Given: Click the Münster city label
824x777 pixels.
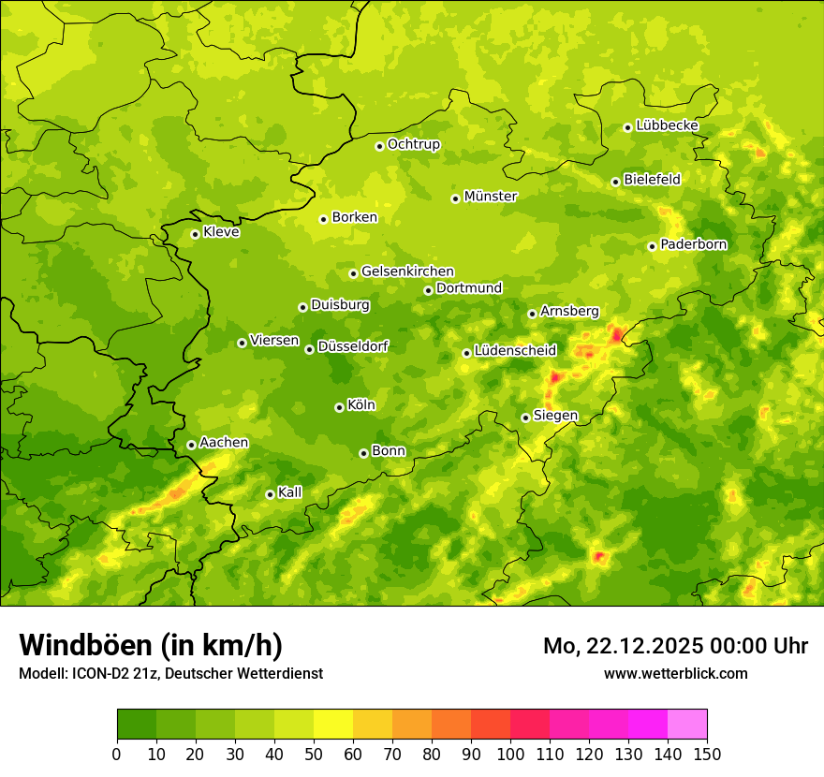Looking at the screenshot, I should [x=491, y=197].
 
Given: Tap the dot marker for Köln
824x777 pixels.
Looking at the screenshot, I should [x=339, y=407].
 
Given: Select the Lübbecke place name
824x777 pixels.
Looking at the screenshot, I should [x=667, y=125].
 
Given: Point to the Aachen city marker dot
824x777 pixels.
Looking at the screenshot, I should [x=191, y=445].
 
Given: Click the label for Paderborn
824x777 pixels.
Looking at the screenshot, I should [x=693, y=244].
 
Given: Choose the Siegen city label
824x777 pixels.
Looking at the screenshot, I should [x=555, y=416].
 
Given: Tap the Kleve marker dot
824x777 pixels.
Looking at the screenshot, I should [x=195, y=234].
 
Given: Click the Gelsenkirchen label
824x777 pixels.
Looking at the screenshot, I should [x=407, y=271].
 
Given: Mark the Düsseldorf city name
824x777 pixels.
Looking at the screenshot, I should [x=353, y=346].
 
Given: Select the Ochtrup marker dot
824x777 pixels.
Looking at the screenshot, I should [x=379, y=146].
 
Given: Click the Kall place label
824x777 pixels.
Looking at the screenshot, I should [x=289, y=492].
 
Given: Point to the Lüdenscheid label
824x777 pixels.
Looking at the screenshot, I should [x=515, y=351].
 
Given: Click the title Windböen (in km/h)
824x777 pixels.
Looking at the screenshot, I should [x=151, y=645].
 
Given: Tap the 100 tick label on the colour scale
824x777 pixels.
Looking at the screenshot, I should [x=510, y=754].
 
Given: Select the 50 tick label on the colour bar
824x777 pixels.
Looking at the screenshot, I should [x=314, y=754].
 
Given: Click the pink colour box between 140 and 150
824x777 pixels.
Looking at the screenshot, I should [x=687, y=725].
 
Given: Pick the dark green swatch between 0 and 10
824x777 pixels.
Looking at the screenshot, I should [x=137, y=725].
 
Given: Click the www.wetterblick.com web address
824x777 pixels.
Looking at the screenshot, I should [x=675, y=673].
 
